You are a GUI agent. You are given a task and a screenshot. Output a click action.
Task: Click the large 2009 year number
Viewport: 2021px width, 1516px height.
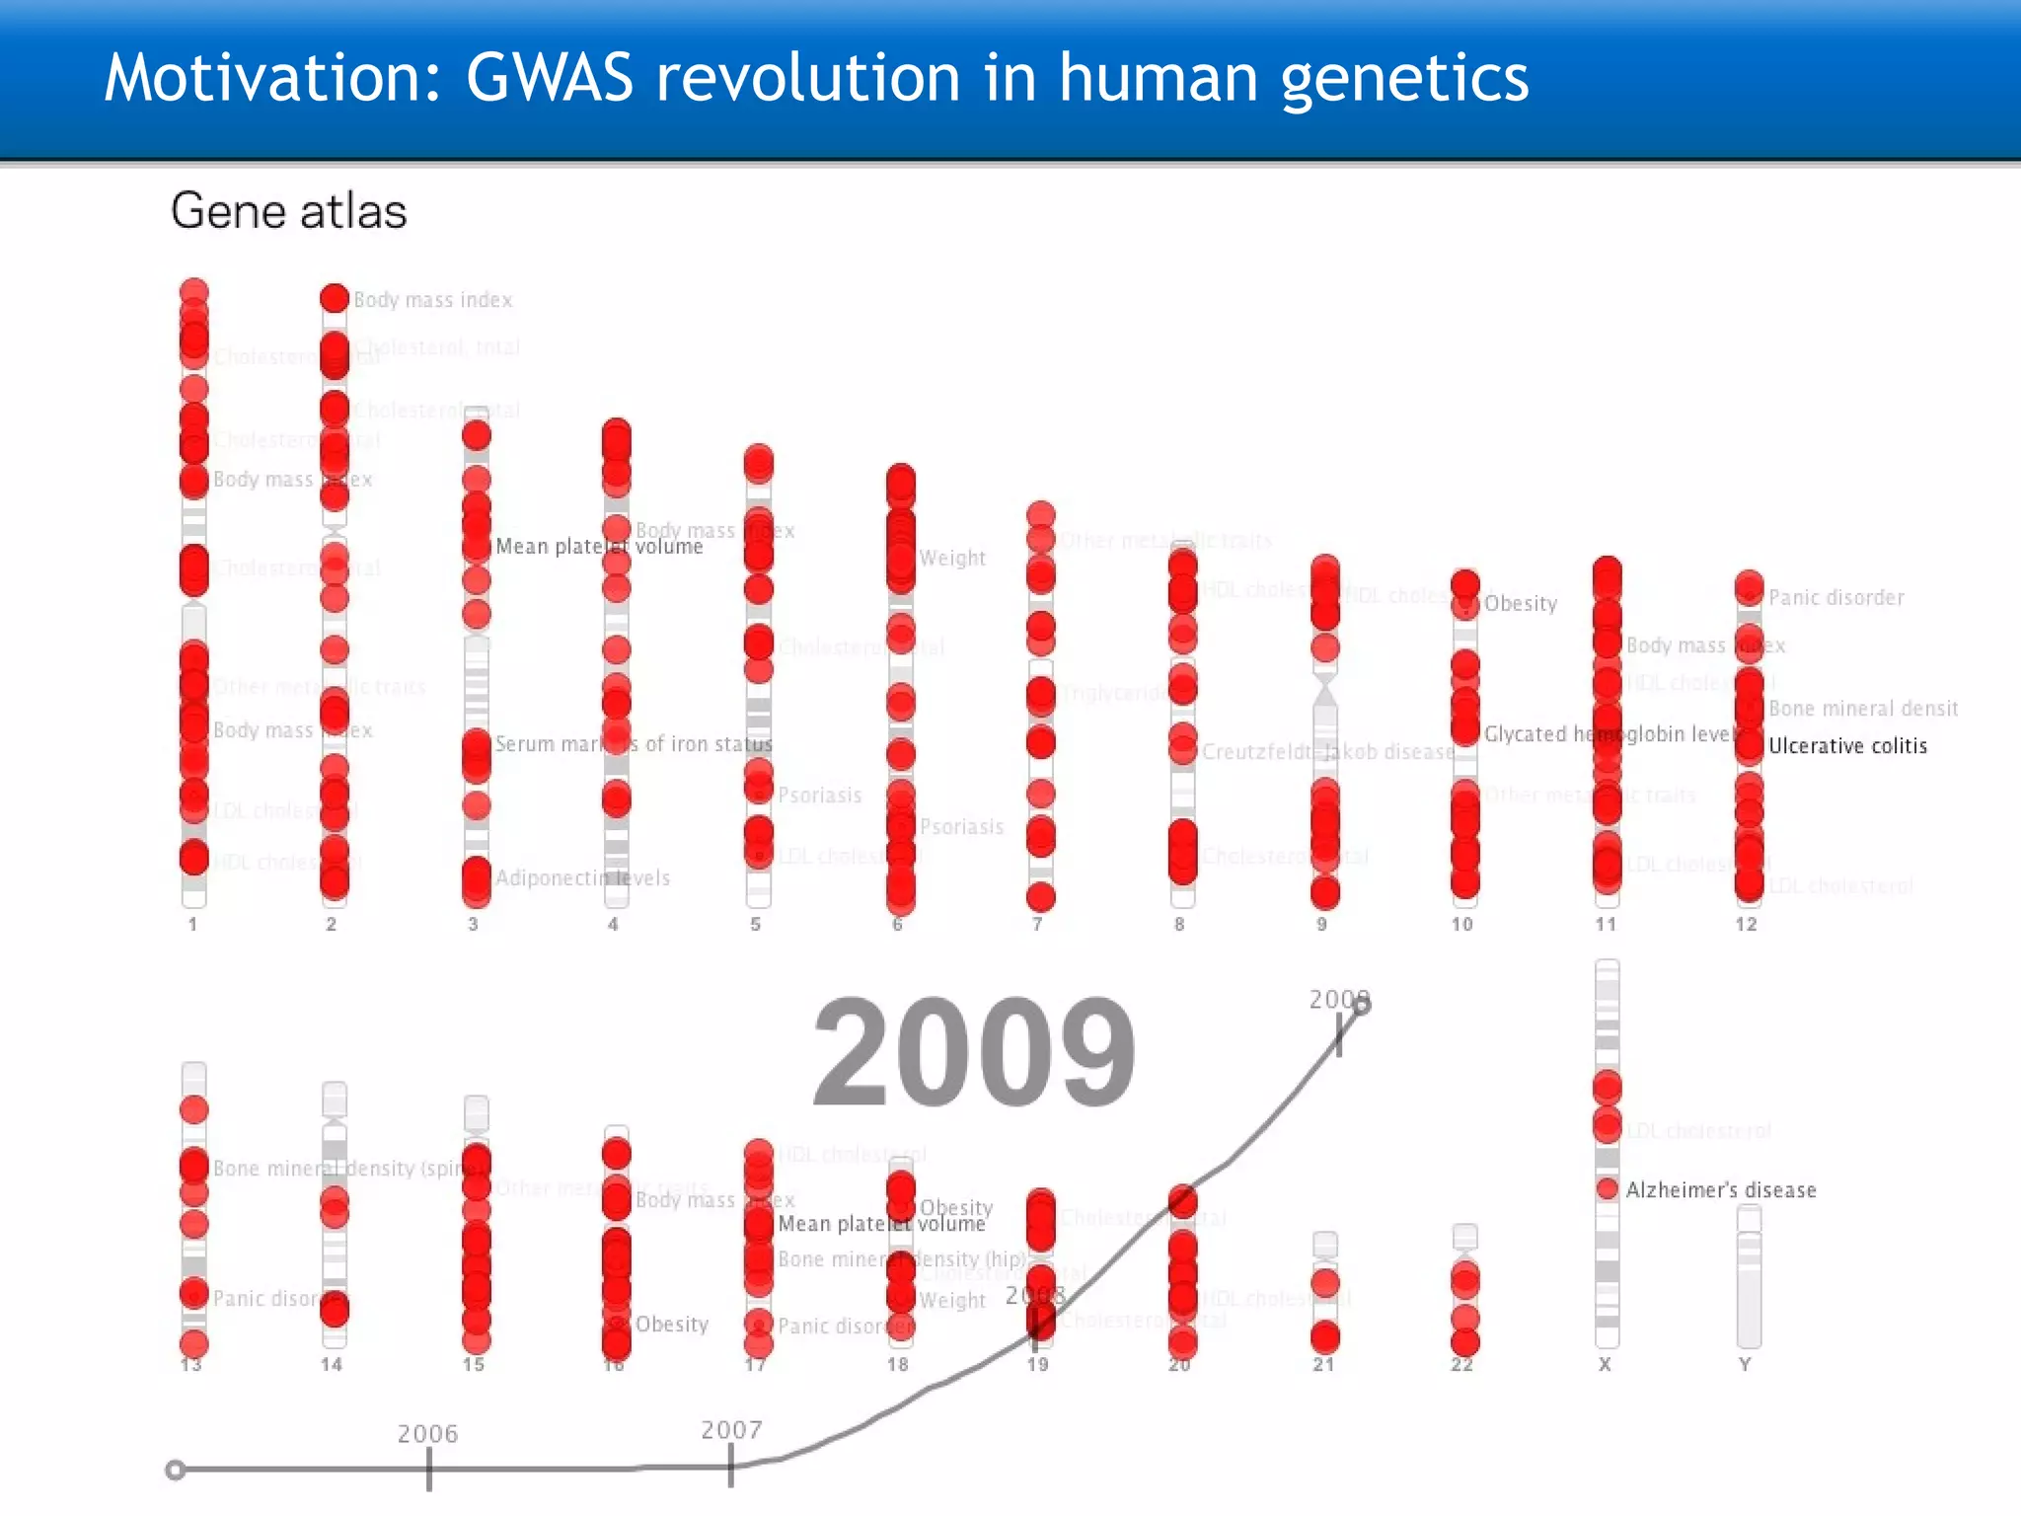coord(974,1053)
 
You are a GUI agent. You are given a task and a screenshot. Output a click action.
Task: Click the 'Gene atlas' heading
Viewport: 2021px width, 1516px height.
coord(288,211)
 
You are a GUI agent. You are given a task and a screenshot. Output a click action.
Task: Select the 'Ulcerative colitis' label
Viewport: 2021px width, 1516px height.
coord(1847,746)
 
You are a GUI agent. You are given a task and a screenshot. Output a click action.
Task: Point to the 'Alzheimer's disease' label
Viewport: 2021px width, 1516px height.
coord(1721,1190)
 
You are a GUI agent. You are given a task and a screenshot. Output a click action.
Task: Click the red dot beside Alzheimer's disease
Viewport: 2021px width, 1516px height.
coord(1608,1189)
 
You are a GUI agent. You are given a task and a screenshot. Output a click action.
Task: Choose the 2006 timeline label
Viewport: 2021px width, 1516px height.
coord(427,1433)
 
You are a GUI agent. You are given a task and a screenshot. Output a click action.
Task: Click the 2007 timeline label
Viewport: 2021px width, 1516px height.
coord(731,1430)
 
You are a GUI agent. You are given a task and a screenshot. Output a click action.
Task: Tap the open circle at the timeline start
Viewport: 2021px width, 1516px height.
coord(176,1471)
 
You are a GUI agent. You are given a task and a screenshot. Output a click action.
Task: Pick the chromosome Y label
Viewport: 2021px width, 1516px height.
coord(1745,1365)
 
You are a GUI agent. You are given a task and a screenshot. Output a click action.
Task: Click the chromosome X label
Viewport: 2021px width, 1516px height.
coord(1605,1365)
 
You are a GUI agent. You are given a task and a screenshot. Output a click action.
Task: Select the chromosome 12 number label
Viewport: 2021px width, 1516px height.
coord(1746,925)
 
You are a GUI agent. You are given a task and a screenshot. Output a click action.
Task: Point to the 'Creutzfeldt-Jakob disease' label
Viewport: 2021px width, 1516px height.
coord(1328,752)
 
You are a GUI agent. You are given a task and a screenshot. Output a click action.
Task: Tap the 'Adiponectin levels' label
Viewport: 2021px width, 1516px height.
coord(582,878)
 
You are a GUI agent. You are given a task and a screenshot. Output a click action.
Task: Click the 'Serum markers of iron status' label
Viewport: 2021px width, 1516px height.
coord(634,744)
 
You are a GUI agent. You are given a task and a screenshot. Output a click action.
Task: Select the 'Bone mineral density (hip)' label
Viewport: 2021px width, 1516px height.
coord(902,1259)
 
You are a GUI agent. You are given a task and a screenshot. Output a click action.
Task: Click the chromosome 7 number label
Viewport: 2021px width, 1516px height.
coord(1037,925)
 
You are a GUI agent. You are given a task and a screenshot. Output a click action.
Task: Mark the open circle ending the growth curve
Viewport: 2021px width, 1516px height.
coord(1362,1006)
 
